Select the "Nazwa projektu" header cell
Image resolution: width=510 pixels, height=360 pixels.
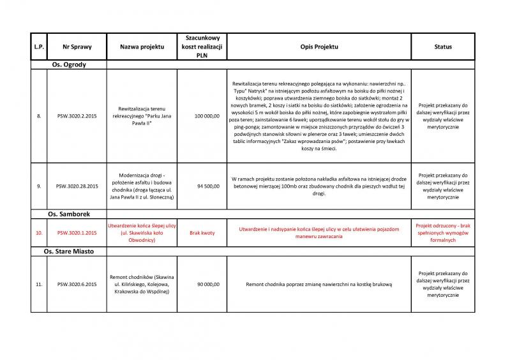(142, 47)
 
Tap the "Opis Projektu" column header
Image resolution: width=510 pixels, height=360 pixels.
(319, 47)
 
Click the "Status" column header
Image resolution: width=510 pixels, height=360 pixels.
(443, 47)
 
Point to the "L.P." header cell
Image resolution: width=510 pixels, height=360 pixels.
(39, 47)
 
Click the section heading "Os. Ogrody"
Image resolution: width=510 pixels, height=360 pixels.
(68, 65)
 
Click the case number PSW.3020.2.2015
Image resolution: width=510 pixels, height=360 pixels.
(77, 117)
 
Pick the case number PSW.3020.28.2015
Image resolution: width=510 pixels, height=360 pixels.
(77, 186)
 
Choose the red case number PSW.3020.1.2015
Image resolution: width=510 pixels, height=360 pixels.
(77, 233)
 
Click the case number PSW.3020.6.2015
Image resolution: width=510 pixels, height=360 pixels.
(77, 284)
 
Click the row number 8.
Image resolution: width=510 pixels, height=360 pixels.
(39, 117)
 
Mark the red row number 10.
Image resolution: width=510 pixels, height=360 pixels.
(39, 233)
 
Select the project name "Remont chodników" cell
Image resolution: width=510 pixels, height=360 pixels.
(142, 284)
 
